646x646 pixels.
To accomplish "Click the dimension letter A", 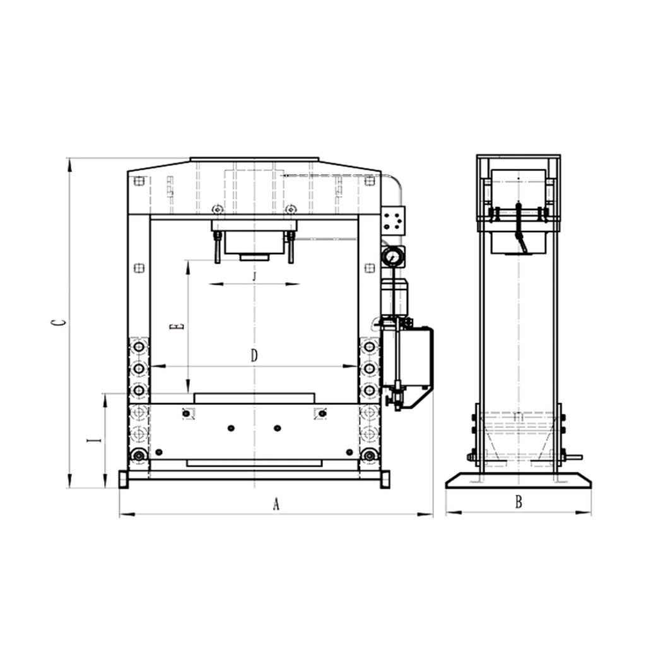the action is pos(276,503).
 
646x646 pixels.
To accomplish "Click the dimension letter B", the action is pos(519,502).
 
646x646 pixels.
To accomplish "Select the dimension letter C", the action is pos(59,322).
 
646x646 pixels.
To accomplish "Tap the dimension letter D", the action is pos(254,356).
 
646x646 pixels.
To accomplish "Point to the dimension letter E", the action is pos(177,327).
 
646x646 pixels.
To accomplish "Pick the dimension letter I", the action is pos(95,441).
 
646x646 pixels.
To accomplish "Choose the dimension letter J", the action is pos(254,276).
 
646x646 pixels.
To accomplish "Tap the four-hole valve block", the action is pos(393,221).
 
